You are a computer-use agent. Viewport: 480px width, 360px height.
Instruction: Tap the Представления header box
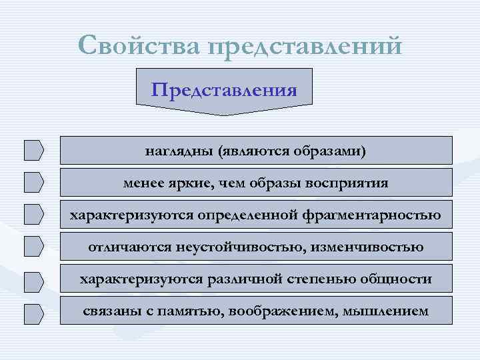224,89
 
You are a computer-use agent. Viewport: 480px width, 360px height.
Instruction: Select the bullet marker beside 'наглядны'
33,150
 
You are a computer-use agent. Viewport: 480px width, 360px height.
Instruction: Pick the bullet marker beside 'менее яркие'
33,182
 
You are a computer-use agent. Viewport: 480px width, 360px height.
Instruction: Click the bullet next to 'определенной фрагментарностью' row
33,214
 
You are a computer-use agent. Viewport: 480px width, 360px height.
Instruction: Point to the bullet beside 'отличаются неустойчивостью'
33,247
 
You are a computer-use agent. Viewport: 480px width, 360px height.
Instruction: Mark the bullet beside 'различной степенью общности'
33,279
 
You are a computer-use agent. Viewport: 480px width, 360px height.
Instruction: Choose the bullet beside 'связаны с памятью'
33,311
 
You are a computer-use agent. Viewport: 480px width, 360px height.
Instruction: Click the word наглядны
177,150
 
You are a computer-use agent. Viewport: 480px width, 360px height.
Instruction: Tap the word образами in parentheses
331,150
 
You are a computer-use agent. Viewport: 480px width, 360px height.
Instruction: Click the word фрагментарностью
375,215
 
